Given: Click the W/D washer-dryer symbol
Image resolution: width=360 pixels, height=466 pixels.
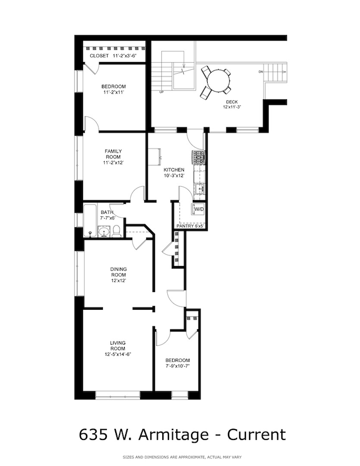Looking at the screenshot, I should point(198,209).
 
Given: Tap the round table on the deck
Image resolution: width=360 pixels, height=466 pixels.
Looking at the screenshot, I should point(215,82).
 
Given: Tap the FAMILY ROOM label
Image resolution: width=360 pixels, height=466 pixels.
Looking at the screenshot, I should point(114,153).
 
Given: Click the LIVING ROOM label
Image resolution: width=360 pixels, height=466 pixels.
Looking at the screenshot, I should point(117,345).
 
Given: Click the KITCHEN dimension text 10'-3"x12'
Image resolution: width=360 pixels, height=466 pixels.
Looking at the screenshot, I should point(174,176).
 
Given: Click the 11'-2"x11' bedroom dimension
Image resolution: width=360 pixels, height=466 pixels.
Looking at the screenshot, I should point(114,93).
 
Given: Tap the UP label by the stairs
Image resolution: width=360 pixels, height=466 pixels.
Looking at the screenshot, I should point(161,92).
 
